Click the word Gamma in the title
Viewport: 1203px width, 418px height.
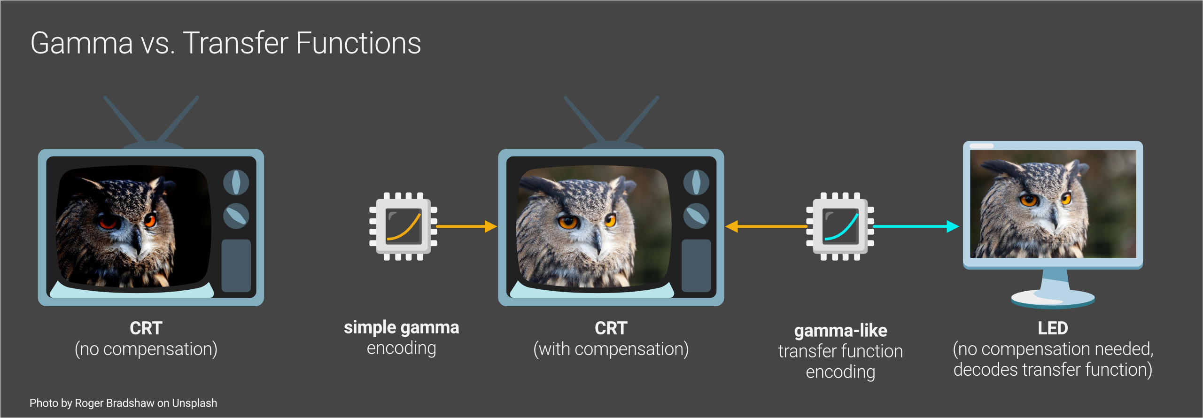[x=82, y=43]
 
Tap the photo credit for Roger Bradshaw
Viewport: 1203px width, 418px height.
[x=123, y=403]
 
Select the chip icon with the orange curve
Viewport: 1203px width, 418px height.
[x=403, y=226]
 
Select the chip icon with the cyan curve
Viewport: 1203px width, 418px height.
[x=840, y=226]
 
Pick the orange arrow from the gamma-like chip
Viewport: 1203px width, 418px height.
[x=766, y=226]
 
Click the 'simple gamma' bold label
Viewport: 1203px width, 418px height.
[x=401, y=327]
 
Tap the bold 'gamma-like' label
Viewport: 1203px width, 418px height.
[x=840, y=331]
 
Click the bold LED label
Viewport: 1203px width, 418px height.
[x=1053, y=328]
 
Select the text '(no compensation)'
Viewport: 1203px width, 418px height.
[x=146, y=349]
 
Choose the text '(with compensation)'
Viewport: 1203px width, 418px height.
[x=611, y=349]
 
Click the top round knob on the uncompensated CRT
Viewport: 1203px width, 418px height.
[x=236, y=182]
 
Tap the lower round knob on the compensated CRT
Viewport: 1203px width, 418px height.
[x=696, y=216]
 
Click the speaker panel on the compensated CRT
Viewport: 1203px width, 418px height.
[x=696, y=265]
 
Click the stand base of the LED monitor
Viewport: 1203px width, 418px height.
[x=1053, y=299]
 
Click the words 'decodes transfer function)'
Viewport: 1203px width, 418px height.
[x=1053, y=370]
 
